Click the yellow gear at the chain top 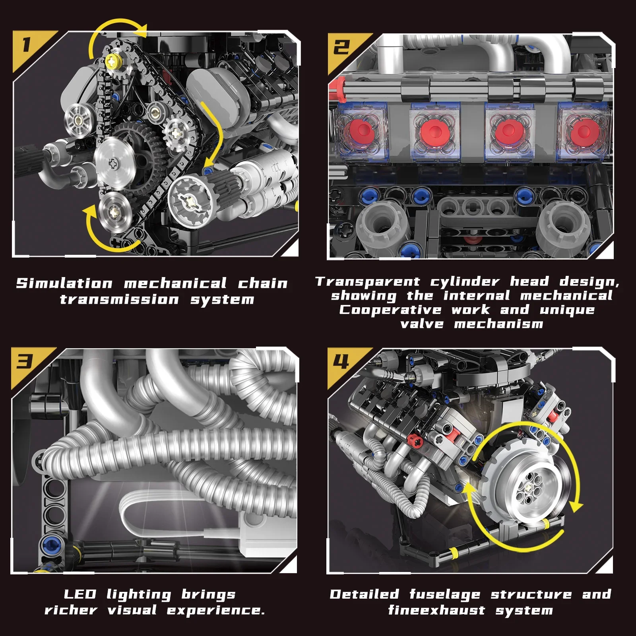tap(114, 62)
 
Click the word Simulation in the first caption tap(64, 283)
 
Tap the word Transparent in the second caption tap(368, 281)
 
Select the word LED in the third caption tap(80, 594)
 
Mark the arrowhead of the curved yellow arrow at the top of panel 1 tap(142, 31)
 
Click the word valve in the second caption tap(422, 324)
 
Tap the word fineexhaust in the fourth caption tap(436, 610)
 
